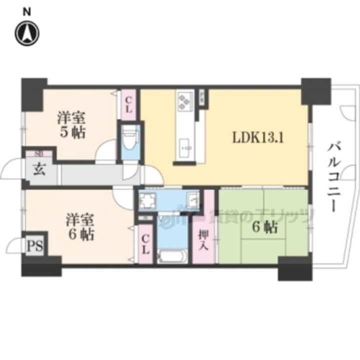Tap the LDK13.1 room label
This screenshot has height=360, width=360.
tap(257, 137)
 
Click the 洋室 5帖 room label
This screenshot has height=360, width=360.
tap(70, 125)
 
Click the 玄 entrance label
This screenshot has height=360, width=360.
tap(39, 169)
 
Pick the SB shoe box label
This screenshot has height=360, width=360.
tap(38, 153)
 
